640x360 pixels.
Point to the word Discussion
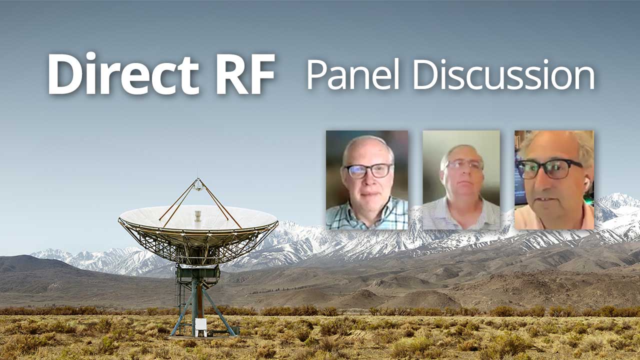pyautogui.click(x=503, y=75)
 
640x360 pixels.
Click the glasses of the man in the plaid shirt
pyautogui.click(x=369, y=171)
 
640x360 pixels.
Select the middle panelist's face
pyautogui.click(x=462, y=172)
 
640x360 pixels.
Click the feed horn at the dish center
pyautogui.click(x=197, y=216)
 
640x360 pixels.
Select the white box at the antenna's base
pyautogui.click(x=200, y=324)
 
